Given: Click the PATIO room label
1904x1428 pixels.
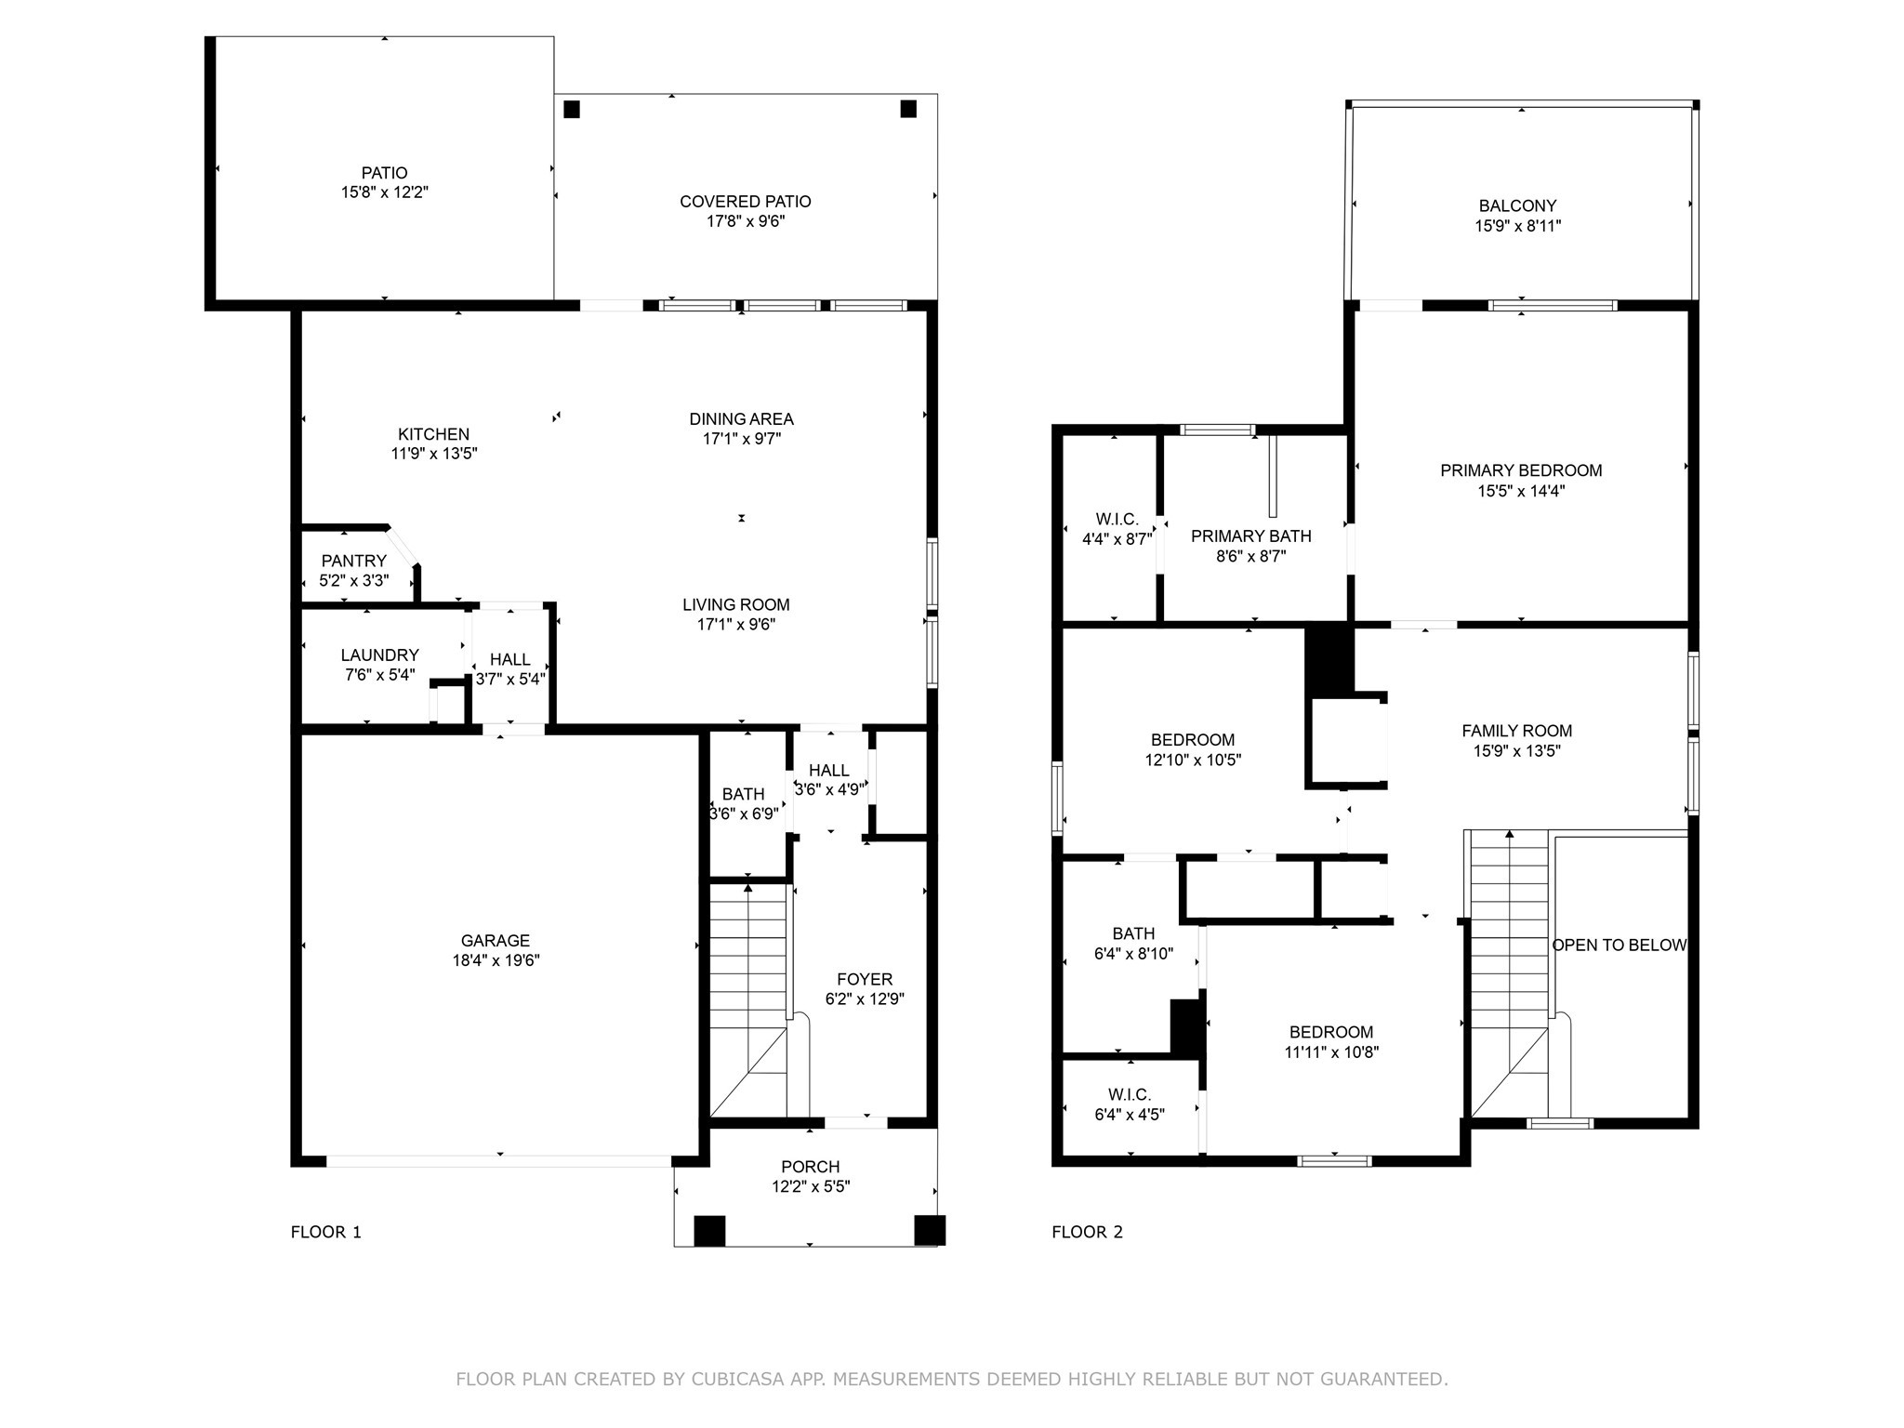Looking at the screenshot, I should click(384, 173).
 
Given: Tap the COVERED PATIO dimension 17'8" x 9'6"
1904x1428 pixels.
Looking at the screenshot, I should click(745, 221).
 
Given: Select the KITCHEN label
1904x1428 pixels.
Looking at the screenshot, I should click(433, 434).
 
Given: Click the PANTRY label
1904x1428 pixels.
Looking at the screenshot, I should click(353, 561).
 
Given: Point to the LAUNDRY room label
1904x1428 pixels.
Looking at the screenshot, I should click(379, 655).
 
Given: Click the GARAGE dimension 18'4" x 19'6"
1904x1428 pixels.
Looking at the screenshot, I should click(496, 960).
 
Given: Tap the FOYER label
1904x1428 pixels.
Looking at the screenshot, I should click(865, 979).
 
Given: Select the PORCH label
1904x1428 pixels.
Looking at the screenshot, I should click(810, 1167).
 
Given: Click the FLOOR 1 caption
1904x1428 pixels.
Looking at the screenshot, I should click(325, 1232).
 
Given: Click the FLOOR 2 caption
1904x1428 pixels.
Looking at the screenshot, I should click(1087, 1232).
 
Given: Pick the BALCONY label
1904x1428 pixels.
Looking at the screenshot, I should click(1517, 205).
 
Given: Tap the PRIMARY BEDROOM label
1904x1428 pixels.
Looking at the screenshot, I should click(1521, 470).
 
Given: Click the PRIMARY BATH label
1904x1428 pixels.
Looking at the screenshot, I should click(1250, 536).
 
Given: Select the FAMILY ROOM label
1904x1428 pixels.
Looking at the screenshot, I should click(1516, 731).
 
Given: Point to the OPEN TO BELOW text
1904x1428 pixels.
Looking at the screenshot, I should click(1620, 945).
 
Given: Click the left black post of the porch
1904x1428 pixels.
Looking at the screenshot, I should click(709, 1230).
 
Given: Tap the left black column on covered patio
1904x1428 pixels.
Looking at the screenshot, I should click(572, 109).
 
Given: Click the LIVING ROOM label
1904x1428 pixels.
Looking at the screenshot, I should click(735, 605).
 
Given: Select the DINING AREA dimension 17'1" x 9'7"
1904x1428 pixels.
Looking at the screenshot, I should click(741, 439).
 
